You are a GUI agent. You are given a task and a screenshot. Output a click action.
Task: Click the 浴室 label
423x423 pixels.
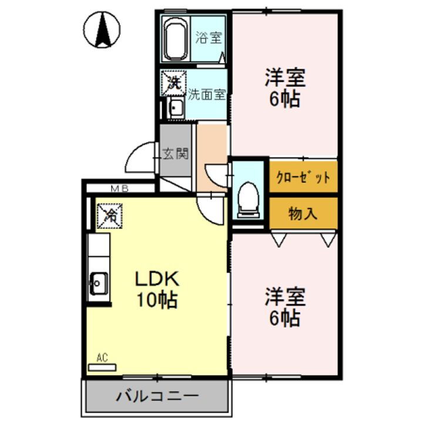(x=209, y=38)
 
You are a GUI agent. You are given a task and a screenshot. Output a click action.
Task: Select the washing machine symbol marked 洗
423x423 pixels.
(x=174, y=83)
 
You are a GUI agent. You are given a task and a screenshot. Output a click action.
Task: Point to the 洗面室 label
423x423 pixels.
(x=207, y=93)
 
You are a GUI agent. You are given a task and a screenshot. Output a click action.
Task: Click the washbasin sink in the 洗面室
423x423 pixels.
(x=175, y=108)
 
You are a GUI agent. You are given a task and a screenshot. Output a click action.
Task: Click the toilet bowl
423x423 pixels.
(x=249, y=196)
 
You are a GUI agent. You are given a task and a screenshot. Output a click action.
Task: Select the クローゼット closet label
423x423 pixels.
(x=304, y=176)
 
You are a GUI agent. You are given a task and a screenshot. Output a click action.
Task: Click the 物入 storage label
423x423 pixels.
(x=303, y=213)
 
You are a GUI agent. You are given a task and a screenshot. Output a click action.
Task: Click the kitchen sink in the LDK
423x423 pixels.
(x=97, y=284)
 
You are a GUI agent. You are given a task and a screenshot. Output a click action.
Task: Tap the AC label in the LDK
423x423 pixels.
(x=102, y=357)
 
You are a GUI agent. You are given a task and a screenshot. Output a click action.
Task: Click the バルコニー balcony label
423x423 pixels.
(x=157, y=395)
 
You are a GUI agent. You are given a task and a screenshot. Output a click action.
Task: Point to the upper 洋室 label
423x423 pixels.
(x=285, y=77)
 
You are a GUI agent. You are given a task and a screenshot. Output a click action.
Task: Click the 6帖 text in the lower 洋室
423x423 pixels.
(x=285, y=318)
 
